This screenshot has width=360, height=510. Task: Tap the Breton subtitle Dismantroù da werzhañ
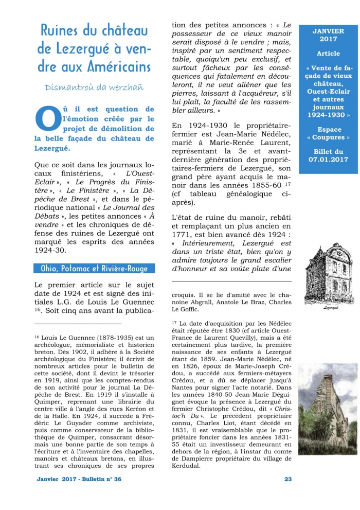click(94, 87)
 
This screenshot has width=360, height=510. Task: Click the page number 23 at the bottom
click(288, 479)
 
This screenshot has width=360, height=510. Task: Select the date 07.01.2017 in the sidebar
click(328, 160)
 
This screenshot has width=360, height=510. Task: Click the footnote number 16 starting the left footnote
click(38, 336)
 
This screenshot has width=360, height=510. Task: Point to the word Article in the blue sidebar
click(328, 53)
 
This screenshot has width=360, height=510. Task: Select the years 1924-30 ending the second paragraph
click(51, 251)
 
